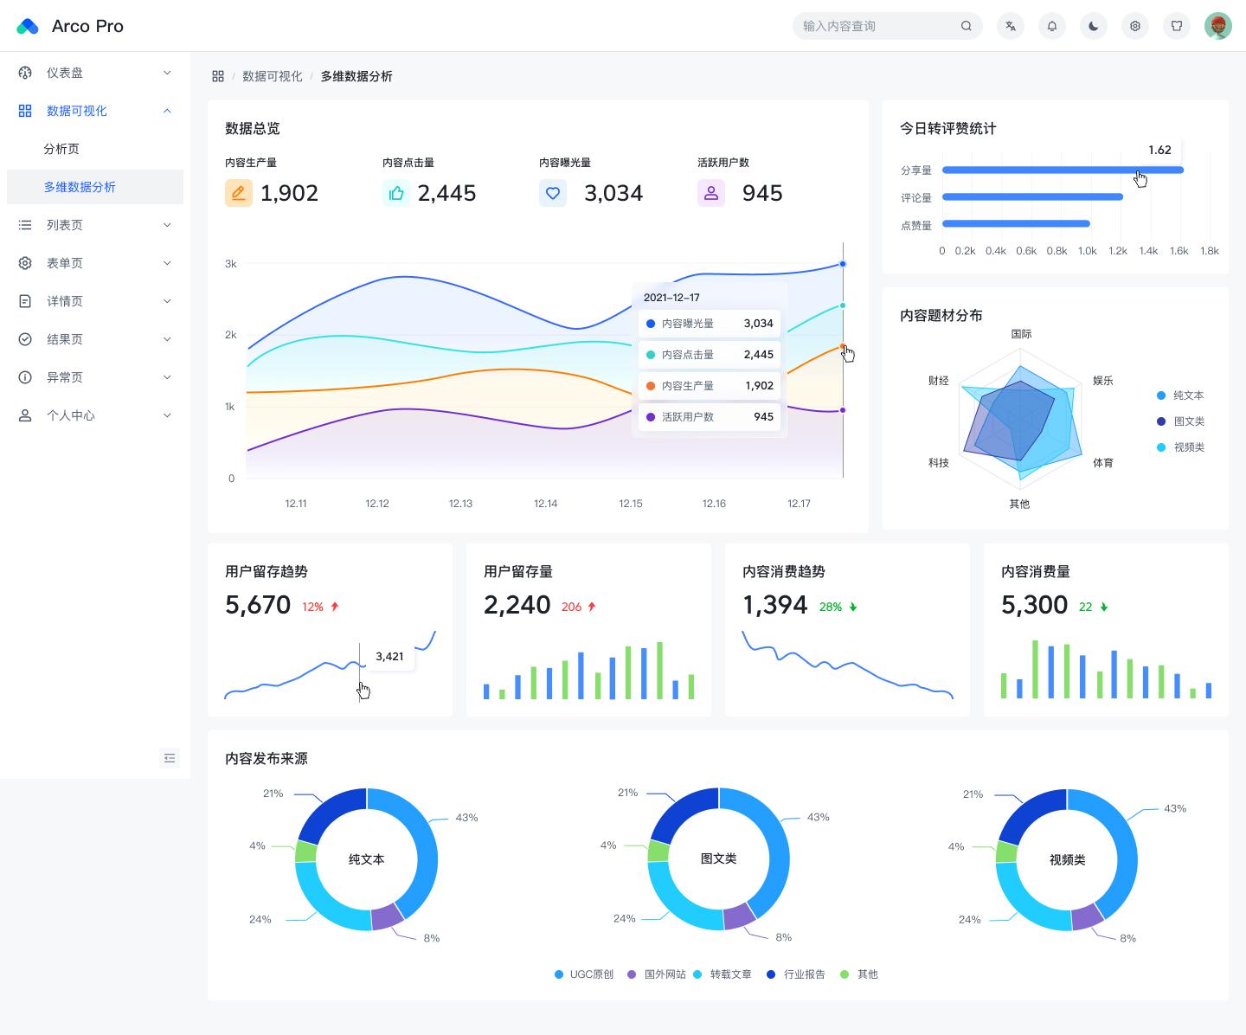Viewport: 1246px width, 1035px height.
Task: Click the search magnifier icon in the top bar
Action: tap(966, 26)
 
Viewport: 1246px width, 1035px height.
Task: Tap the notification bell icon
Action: tap(1051, 26)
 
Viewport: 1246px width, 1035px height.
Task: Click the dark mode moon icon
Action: tap(1093, 26)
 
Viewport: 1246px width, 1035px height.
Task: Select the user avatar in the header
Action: tap(1218, 26)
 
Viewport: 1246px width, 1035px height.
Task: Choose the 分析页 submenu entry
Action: tap(61, 149)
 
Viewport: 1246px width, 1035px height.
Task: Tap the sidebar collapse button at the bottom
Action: tap(170, 758)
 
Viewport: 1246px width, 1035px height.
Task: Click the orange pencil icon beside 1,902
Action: tap(238, 193)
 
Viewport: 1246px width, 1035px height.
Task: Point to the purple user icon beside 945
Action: tap(710, 193)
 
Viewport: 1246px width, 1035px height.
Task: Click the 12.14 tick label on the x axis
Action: tap(545, 503)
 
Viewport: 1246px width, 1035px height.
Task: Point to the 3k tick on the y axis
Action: tap(230, 263)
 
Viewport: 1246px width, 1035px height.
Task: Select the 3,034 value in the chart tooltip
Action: tap(759, 324)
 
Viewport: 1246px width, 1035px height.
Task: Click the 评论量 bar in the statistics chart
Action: tap(1032, 196)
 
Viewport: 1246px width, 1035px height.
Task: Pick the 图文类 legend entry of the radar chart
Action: tap(1180, 421)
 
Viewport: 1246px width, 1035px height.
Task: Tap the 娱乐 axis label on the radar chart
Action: tap(1102, 380)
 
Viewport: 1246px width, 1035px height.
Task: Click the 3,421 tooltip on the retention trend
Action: tap(389, 657)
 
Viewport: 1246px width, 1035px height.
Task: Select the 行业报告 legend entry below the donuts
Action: tap(797, 974)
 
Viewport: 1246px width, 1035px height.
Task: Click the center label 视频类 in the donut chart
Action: tap(1067, 859)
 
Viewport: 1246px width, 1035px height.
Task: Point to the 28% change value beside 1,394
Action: tap(830, 607)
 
